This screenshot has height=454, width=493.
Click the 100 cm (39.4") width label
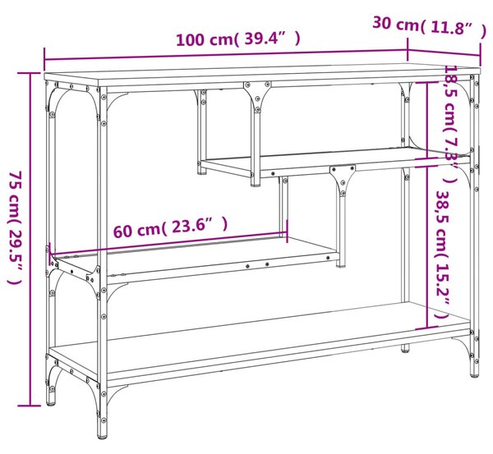pyautogui.click(x=238, y=39)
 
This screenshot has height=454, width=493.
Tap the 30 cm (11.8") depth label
pyautogui.click(x=429, y=25)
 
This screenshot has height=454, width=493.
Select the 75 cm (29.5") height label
pyautogui.click(x=16, y=227)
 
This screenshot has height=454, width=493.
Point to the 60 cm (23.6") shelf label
pyautogui.click(x=170, y=227)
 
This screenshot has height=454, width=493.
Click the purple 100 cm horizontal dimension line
pyautogui.click(x=226, y=54)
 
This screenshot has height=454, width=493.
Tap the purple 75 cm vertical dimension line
pyautogui.click(x=30, y=239)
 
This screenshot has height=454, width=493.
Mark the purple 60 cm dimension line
pyautogui.click(x=168, y=243)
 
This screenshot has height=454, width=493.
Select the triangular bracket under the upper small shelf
pyautogui.click(x=343, y=179)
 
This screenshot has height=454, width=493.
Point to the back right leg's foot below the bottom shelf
pyautogui.click(x=405, y=348)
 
